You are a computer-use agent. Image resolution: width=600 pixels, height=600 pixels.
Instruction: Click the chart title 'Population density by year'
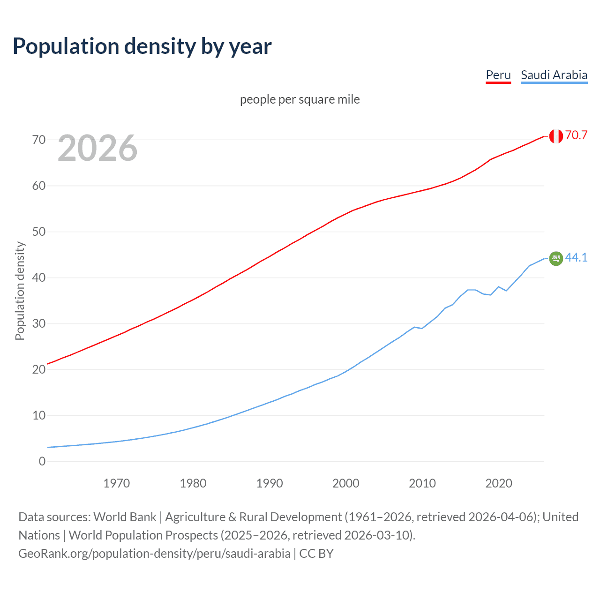(x=142, y=46)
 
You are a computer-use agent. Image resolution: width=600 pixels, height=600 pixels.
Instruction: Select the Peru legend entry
(x=498, y=75)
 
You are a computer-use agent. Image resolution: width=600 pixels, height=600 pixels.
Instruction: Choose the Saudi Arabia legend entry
(x=554, y=75)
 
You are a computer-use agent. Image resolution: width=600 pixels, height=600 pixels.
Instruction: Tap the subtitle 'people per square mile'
(x=300, y=99)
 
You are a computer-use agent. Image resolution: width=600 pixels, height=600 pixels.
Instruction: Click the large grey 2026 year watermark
(x=97, y=148)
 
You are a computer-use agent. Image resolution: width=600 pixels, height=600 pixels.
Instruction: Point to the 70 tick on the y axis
(x=39, y=140)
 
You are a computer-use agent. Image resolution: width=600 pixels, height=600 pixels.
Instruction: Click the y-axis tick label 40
(x=39, y=277)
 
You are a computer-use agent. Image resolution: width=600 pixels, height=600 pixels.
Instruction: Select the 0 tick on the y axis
(x=42, y=461)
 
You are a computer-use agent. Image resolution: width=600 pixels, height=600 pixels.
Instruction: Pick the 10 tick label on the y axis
(x=39, y=415)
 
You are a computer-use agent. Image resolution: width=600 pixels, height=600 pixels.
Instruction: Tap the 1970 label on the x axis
(x=116, y=483)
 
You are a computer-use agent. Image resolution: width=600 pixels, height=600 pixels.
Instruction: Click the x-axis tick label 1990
(x=270, y=483)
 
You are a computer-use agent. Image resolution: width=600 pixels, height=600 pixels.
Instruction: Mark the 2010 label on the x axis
(x=422, y=483)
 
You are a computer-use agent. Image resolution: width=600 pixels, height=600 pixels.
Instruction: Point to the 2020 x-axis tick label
(x=499, y=483)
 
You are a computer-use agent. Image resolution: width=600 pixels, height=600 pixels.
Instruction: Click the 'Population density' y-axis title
(x=20, y=291)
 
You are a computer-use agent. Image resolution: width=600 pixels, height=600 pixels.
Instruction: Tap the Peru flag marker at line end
(x=556, y=136)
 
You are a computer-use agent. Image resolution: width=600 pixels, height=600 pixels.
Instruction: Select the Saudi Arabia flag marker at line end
(x=556, y=258)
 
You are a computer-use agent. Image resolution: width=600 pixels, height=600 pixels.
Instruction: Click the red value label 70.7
(x=576, y=135)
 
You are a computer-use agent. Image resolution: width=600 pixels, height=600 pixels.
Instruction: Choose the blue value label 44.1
(x=576, y=257)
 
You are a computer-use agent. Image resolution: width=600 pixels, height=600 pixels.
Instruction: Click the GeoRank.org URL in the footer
(x=154, y=554)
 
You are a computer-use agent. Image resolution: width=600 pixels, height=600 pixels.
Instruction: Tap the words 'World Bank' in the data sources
(x=125, y=517)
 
